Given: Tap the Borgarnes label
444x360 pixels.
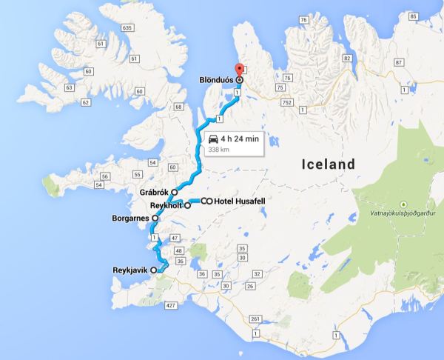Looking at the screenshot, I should (131, 219).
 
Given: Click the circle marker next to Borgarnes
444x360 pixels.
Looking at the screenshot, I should (155, 219).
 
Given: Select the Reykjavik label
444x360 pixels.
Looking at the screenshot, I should (129, 271).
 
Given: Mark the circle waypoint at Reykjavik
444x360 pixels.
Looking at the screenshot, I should (154, 271).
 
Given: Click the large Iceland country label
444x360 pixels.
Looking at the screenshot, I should (328, 164).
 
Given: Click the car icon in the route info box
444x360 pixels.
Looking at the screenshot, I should (214, 139).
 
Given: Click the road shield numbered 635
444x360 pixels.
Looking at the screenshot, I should (127, 27).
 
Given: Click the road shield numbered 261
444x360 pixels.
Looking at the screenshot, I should (254, 319).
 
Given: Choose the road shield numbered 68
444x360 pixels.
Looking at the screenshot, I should (178, 107).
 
